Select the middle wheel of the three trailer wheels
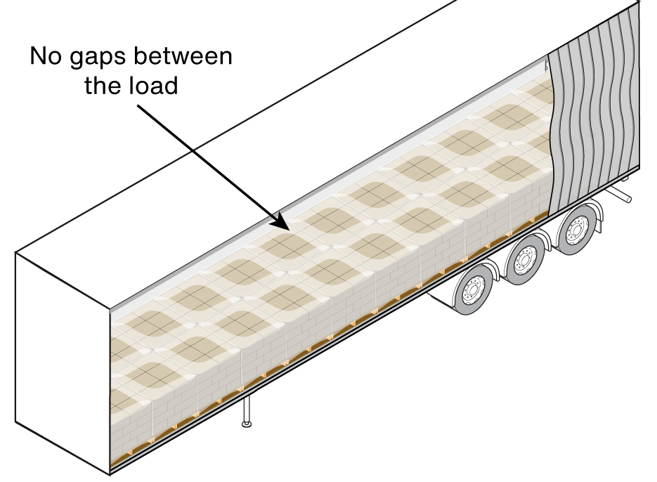(524, 261)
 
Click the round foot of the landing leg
(245, 424)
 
